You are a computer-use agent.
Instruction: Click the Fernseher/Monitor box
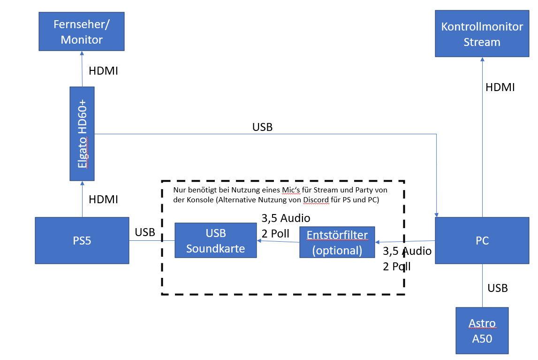tap(82, 31)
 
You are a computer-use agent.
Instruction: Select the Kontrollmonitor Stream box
tap(482, 34)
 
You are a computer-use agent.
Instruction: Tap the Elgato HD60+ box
tap(82, 134)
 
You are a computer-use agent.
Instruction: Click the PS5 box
tap(82, 240)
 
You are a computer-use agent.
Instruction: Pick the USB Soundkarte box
tap(216, 241)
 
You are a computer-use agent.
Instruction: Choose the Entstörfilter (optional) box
tap(337, 242)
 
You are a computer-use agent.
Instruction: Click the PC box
tap(482, 241)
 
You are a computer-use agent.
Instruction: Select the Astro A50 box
tap(482, 330)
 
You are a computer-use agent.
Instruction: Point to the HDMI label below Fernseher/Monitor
tap(103, 71)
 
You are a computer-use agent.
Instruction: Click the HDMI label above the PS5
tap(103, 199)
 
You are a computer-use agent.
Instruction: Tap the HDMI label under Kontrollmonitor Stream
tap(500, 87)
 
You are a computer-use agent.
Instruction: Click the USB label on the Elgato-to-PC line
tap(262, 127)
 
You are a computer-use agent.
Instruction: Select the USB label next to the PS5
tap(145, 232)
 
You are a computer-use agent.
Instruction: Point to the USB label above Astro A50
tap(498, 288)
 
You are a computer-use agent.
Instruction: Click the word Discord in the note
tap(313, 199)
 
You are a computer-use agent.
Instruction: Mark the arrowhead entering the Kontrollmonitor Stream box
tap(482, 59)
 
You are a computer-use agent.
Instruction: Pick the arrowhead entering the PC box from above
tap(437, 214)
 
